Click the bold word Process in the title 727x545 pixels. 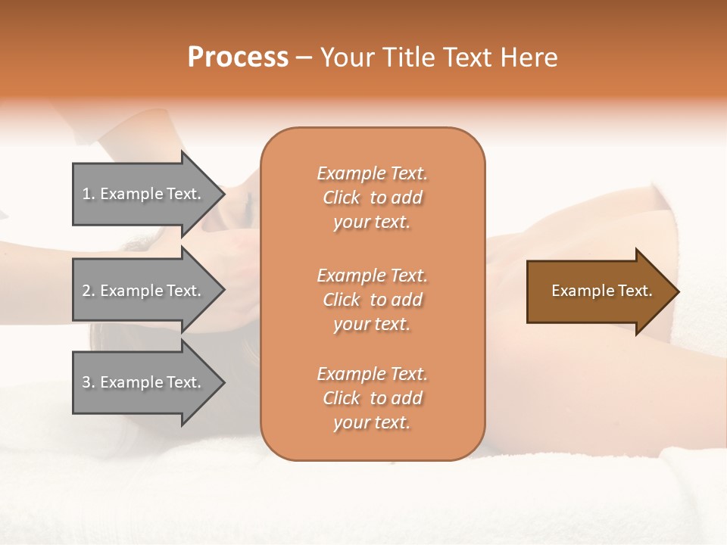pyautogui.click(x=238, y=58)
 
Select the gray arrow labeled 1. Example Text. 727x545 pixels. pyautogui.click(x=144, y=194)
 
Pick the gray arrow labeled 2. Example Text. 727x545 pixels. pyautogui.click(x=144, y=291)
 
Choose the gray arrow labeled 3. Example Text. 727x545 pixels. pyautogui.click(x=144, y=382)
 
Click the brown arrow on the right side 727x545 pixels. pyautogui.click(x=598, y=291)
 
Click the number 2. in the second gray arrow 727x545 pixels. pyautogui.click(x=89, y=291)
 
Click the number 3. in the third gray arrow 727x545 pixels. pyautogui.click(x=89, y=382)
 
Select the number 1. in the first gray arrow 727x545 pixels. pyautogui.click(x=89, y=194)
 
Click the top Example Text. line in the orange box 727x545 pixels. pyautogui.click(x=372, y=173)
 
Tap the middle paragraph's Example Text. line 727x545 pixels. pyautogui.click(x=372, y=275)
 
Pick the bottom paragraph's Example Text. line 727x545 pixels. pyautogui.click(x=372, y=374)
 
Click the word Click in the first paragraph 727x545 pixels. pyautogui.click(x=342, y=198)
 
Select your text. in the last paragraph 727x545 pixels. pyautogui.click(x=372, y=422)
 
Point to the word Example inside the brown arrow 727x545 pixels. pyautogui.click(x=577, y=291)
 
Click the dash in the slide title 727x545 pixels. pyautogui.click(x=304, y=58)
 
